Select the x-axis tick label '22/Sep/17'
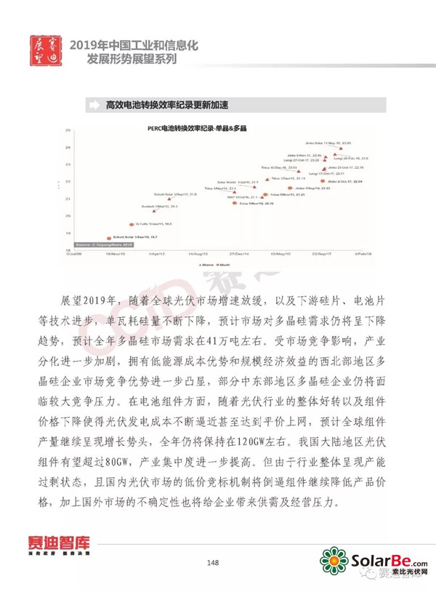321,255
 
